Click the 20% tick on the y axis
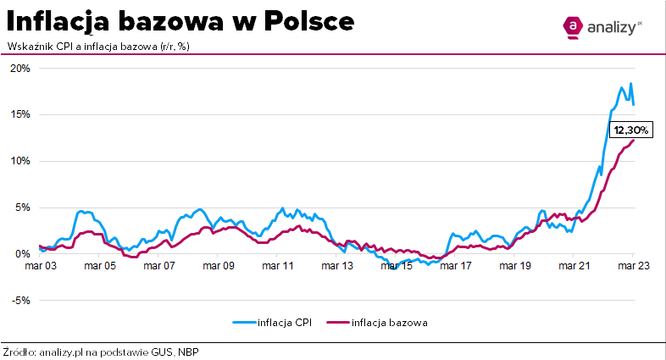19,69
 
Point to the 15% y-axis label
19,114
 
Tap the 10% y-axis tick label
19,161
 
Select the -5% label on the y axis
19,300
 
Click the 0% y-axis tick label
22,253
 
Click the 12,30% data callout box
630,130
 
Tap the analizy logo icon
574,28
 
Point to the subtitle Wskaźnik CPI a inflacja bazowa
97,46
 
